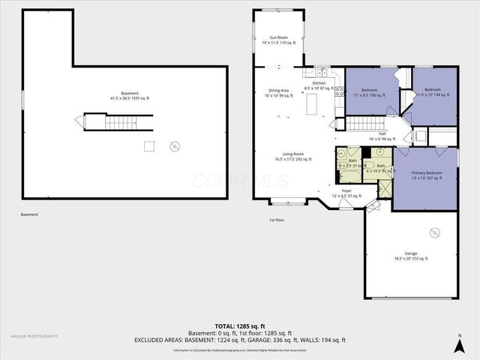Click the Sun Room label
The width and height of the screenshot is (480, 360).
tap(279, 40)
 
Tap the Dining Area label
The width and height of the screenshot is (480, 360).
tap(279, 93)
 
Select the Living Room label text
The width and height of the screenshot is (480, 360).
tap(292, 157)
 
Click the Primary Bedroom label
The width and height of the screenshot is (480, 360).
tap(427, 175)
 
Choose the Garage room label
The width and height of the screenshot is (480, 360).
tap(411, 255)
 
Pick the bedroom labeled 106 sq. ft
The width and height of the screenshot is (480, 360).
tap(369, 93)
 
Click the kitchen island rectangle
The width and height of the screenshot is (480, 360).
tap(311, 109)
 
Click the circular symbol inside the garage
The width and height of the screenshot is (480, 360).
tap(435, 232)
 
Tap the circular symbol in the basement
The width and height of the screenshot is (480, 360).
tap(175, 145)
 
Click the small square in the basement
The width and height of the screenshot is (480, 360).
tap(149, 145)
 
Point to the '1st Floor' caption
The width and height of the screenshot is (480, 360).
tap(277, 220)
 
